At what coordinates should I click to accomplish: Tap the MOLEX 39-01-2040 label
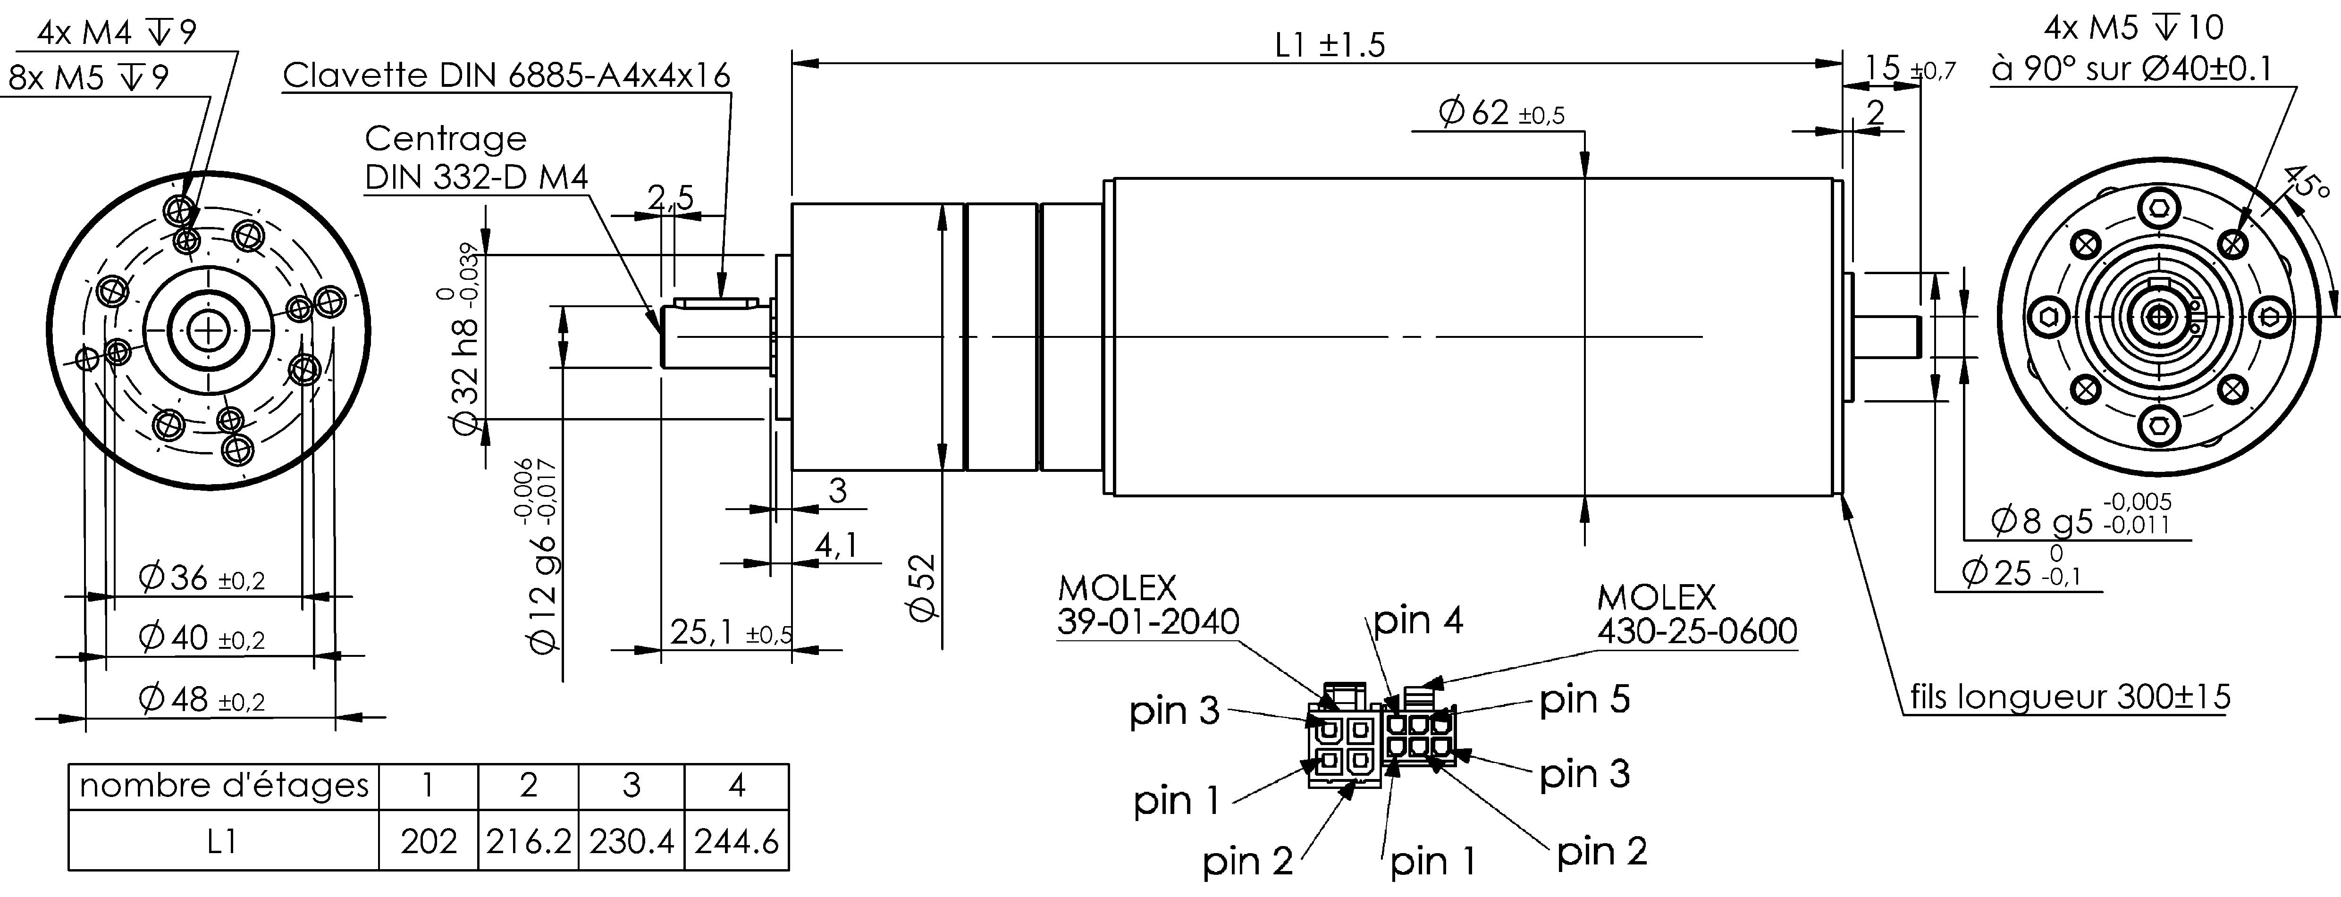click(x=1147, y=605)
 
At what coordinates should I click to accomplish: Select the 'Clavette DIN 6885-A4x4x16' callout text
click(x=506, y=75)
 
